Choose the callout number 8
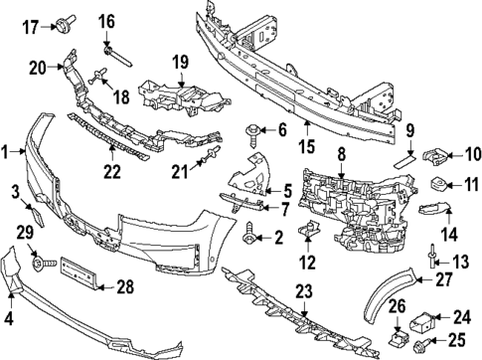(x=340, y=155)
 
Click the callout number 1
(x=8, y=152)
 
